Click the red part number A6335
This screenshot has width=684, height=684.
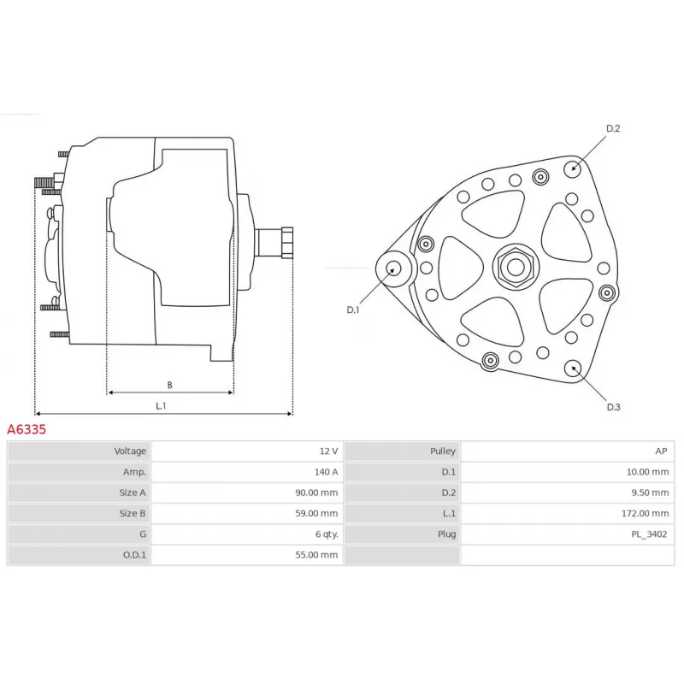[27, 429]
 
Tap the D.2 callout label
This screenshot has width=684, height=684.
[613, 128]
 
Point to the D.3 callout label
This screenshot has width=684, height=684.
[613, 407]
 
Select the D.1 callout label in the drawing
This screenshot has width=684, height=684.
[353, 310]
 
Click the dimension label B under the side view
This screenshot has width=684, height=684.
[169, 385]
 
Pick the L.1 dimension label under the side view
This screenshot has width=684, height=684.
[161, 405]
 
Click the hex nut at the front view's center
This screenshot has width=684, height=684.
[516, 267]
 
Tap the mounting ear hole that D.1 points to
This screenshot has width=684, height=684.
[394, 268]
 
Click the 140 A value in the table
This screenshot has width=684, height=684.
[326, 472]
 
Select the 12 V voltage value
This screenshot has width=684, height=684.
[328, 451]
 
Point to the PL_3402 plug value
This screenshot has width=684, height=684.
[649, 534]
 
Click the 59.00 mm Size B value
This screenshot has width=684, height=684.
[316, 514]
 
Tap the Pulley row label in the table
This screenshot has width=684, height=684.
[443, 451]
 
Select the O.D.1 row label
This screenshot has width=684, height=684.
[134, 555]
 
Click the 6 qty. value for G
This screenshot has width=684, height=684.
[327, 534]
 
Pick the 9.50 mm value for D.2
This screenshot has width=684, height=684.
[650, 492]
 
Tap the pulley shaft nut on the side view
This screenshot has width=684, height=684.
[287, 243]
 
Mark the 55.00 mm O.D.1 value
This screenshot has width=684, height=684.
[316, 555]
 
